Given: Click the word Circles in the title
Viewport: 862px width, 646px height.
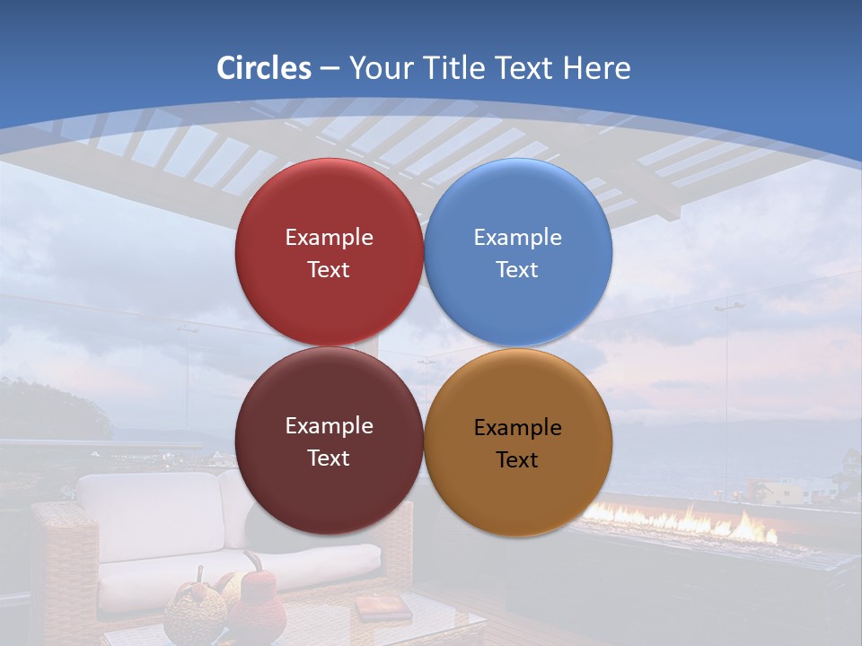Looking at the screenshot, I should [x=264, y=68].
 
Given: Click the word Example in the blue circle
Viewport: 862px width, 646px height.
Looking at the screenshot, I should [x=517, y=238].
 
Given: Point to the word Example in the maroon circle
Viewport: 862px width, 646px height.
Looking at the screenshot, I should [x=329, y=426].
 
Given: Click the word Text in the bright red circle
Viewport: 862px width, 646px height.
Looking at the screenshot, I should [x=329, y=270].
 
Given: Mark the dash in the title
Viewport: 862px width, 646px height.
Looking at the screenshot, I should [x=330, y=69].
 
